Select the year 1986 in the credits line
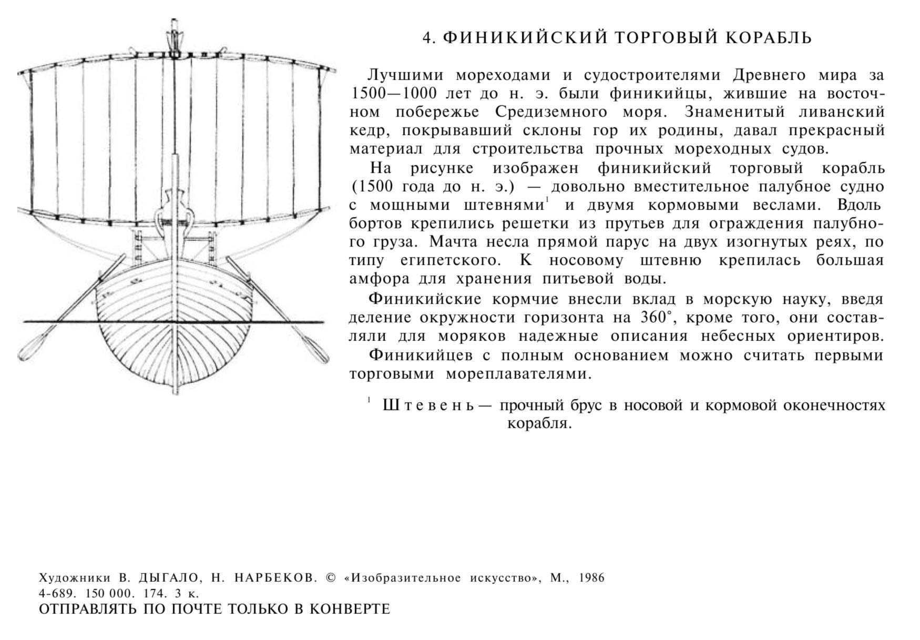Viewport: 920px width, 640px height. point(591,578)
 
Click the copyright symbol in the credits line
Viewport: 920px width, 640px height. point(330,578)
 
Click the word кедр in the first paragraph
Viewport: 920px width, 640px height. point(366,131)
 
